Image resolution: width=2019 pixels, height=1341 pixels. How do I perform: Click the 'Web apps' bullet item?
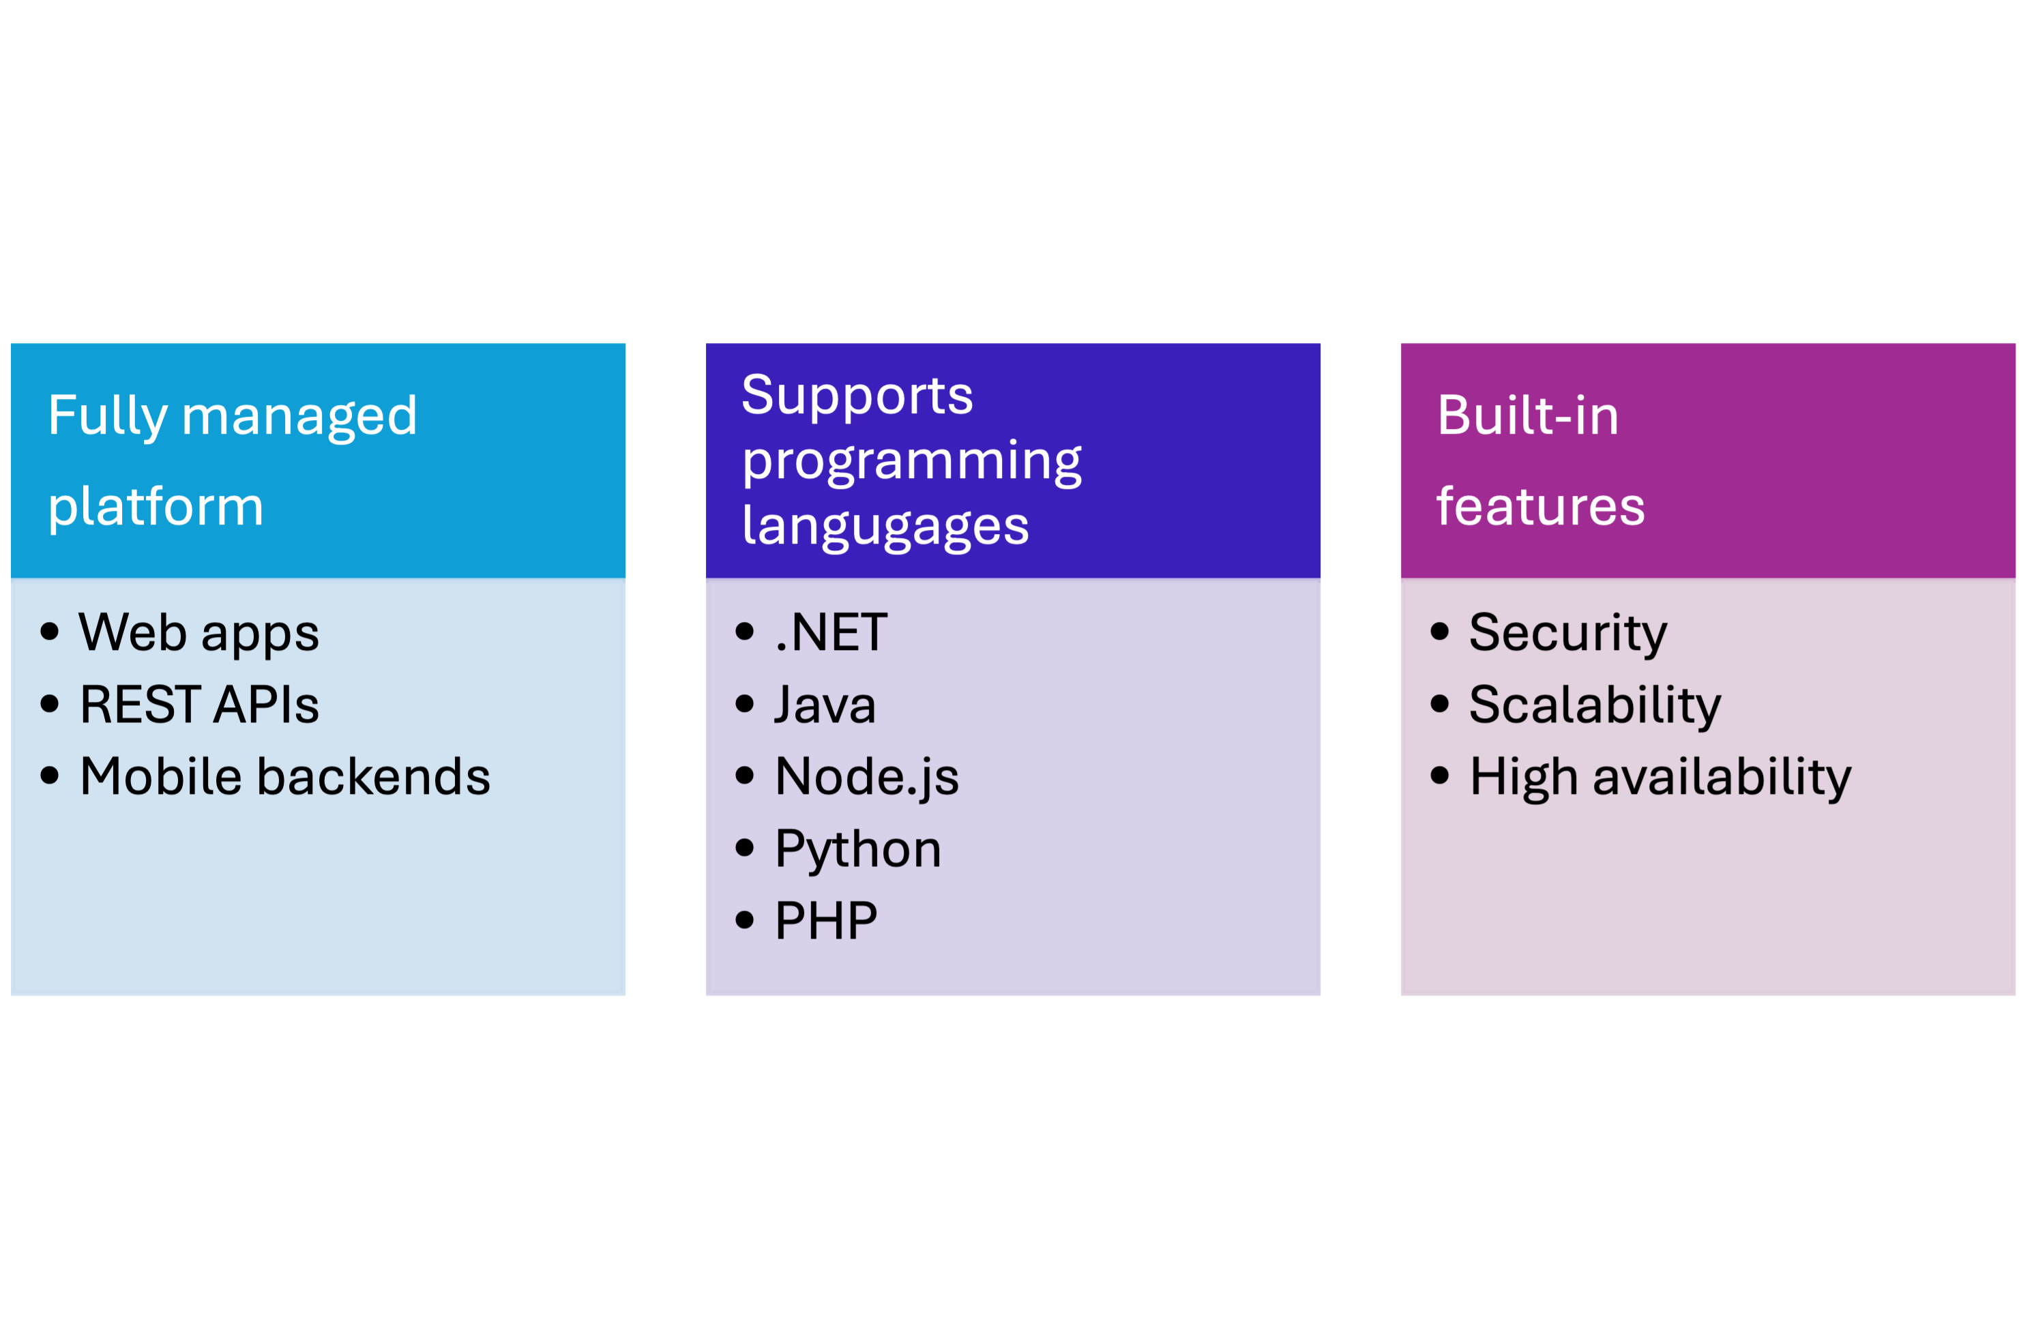[x=198, y=634]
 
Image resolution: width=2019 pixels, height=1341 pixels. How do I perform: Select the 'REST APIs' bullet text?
[x=199, y=705]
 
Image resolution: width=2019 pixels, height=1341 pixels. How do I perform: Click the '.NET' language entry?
[x=830, y=634]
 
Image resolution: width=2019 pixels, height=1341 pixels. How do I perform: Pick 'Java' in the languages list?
[x=825, y=705]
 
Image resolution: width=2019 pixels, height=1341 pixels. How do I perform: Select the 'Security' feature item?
[x=1567, y=634]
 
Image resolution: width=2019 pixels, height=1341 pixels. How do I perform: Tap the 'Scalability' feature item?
[x=1595, y=705]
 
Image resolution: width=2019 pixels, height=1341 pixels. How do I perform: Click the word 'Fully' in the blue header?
[x=107, y=417]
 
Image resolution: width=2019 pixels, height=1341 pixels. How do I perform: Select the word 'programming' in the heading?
[x=911, y=461]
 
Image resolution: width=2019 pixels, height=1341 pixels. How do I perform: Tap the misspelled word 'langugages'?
[x=885, y=526]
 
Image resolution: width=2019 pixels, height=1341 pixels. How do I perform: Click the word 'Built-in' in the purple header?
[x=1527, y=417]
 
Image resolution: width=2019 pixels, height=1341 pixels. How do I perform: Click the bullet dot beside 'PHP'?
[x=745, y=920]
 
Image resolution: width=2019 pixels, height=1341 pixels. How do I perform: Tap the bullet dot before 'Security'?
[x=1440, y=632]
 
